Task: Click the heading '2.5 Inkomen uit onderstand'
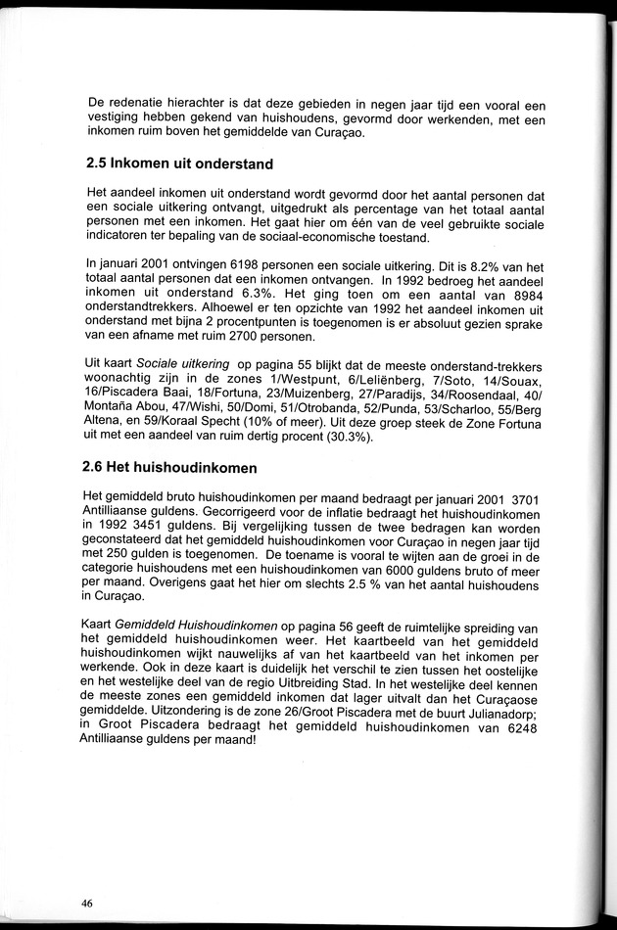point(179,163)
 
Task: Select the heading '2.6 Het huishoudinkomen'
point(171,468)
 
